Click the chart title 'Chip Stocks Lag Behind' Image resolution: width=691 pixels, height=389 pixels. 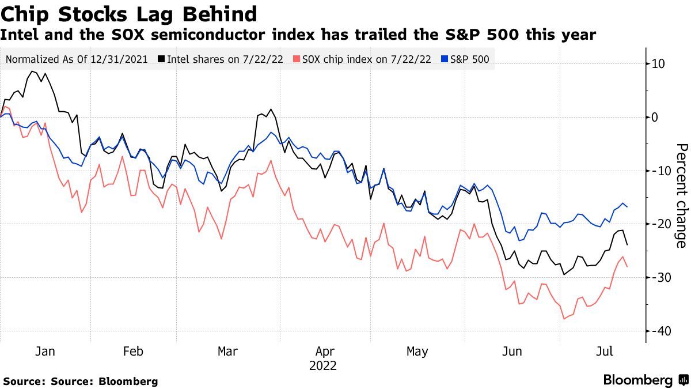click(129, 13)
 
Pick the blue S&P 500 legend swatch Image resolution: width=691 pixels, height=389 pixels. click(444, 59)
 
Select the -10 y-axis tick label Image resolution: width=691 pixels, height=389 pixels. click(656, 171)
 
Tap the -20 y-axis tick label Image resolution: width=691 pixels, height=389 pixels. click(656, 224)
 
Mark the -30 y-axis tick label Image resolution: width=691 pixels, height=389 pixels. click(656, 277)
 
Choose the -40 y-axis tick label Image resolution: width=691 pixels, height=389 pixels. click(656, 331)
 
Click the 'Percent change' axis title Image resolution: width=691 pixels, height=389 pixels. click(681, 196)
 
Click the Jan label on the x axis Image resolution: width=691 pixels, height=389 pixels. click(45, 352)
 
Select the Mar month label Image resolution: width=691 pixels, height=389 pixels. click(228, 352)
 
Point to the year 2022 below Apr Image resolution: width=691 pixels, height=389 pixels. click(323, 365)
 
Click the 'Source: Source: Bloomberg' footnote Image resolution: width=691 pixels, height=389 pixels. click(81, 382)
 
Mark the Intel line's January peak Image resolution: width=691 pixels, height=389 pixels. click(32, 71)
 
